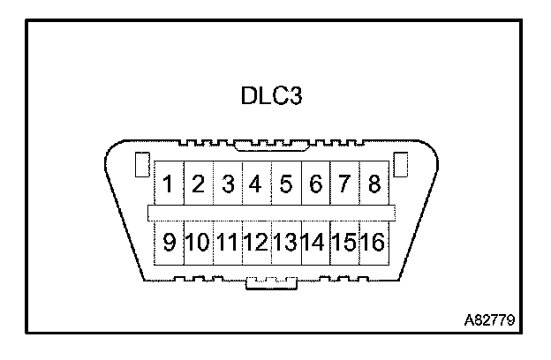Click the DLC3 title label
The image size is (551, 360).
[x=272, y=95]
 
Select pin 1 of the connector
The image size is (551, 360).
[x=168, y=185]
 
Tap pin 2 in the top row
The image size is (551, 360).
[x=198, y=185]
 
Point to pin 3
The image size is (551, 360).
[x=228, y=185]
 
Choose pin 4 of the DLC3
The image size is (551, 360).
[x=256, y=185]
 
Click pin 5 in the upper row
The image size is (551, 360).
[x=285, y=185]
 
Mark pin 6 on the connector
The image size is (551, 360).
[x=315, y=185]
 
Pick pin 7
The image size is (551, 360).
[x=344, y=185]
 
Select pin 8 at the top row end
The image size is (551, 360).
[x=374, y=185]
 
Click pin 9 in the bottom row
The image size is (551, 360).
[x=168, y=241]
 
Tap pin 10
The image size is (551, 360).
[x=198, y=241]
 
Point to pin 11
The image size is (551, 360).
[x=228, y=241]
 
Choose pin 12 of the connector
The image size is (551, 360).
[x=256, y=241]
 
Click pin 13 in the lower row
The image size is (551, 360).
[x=285, y=241]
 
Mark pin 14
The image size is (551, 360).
[x=315, y=241]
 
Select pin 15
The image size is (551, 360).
[x=344, y=241]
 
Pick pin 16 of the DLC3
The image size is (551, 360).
[x=374, y=241]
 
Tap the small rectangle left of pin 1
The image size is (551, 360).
[x=140, y=165]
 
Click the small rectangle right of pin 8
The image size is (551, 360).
[x=400, y=165]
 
